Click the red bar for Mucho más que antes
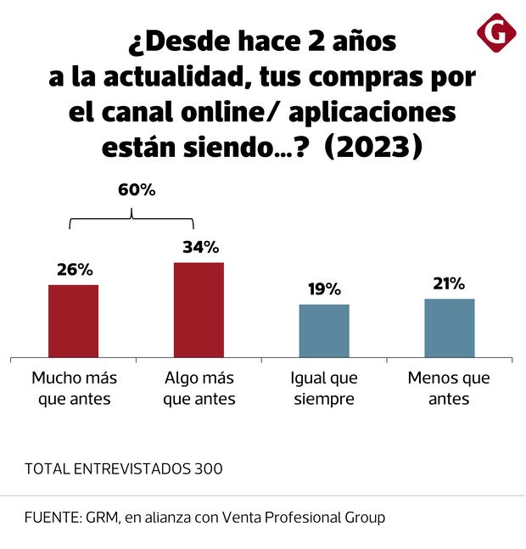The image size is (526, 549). pos(74,321)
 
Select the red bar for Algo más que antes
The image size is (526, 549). pos(199,310)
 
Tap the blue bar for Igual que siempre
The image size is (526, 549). pos(324,330)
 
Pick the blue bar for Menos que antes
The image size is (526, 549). pos(449,328)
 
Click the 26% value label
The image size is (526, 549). pos(75,270)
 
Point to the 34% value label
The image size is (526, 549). pos(200,248)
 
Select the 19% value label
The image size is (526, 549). pos(324,289)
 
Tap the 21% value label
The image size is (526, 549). pos(449,283)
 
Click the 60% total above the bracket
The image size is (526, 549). pos(136,190)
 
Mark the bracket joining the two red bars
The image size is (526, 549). pos(131,218)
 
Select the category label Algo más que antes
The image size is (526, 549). pos(199,388)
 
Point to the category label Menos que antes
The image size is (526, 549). pos(449,388)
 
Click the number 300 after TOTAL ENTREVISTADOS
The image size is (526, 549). pos(209,468)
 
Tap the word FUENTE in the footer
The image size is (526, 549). pos(50,517)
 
